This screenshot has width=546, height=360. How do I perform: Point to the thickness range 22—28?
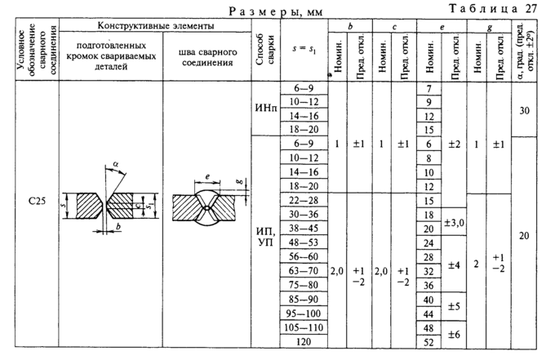[301, 200]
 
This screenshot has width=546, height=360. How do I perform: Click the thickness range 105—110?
[301, 327]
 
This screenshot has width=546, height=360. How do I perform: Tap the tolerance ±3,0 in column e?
[454, 222]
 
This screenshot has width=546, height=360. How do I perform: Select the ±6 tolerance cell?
[454, 335]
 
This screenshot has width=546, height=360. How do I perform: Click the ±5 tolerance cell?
[454, 307]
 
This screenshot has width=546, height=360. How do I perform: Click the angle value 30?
[526, 109]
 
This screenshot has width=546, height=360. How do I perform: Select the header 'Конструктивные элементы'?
[154, 27]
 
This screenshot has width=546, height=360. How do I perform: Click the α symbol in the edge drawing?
[116, 164]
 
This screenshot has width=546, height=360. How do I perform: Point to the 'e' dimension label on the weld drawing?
[206, 176]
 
